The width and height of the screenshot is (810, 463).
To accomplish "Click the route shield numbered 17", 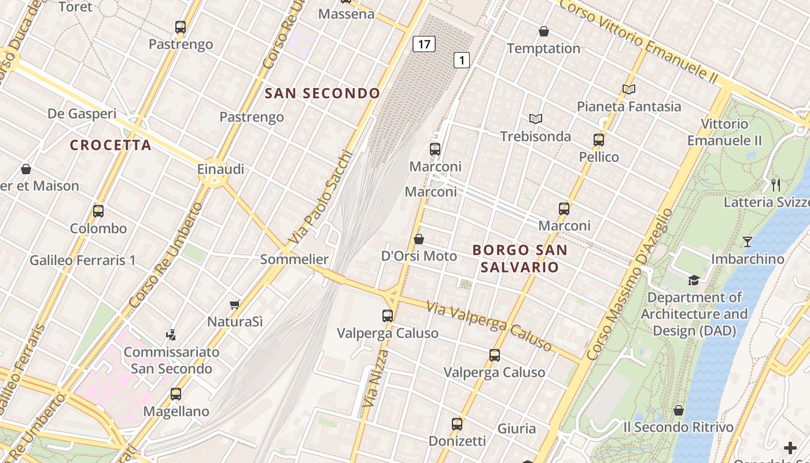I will (x=424, y=44).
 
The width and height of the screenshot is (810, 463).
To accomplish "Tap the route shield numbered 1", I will (x=461, y=60).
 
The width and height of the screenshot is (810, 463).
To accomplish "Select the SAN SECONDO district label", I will (x=322, y=93).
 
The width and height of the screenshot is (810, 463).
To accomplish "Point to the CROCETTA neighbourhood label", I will (x=111, y=145).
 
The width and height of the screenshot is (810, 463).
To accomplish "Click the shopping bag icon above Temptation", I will (x=544, y=31).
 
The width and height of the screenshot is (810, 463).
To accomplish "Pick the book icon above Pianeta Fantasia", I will (x=629, y=90).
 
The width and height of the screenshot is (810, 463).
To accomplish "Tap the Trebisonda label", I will (x=535, y=137).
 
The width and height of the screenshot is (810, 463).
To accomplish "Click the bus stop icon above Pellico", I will (x=599, y=140).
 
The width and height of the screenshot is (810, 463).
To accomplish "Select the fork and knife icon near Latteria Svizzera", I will (x=776, y=185).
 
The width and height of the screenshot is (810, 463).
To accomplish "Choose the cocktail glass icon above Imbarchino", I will (x=748, y=242).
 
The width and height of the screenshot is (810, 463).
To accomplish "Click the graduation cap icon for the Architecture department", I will (x=694, y=281).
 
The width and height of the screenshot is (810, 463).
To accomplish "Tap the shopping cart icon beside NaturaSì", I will (x=235, y=304).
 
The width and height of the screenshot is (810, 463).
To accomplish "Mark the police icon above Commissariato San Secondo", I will (x=171, y=335).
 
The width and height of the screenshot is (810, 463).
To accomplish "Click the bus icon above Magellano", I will (x=176, y=394).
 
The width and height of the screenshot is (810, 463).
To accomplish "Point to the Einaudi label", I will (x=220, y=170).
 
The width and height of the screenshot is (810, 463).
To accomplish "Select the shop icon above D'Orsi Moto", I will (x=419, y=239).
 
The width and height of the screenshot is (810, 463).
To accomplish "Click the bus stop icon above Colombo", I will (x=98, y=211).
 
